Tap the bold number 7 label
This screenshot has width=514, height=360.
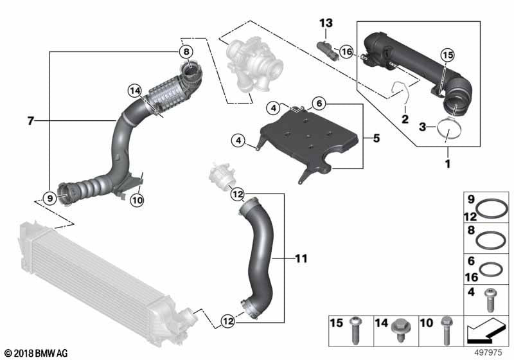pos(30,120)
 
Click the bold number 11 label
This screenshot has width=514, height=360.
pos(300,259)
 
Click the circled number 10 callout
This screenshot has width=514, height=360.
pos(136,200)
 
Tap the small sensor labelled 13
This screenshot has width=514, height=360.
pos(326,49)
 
